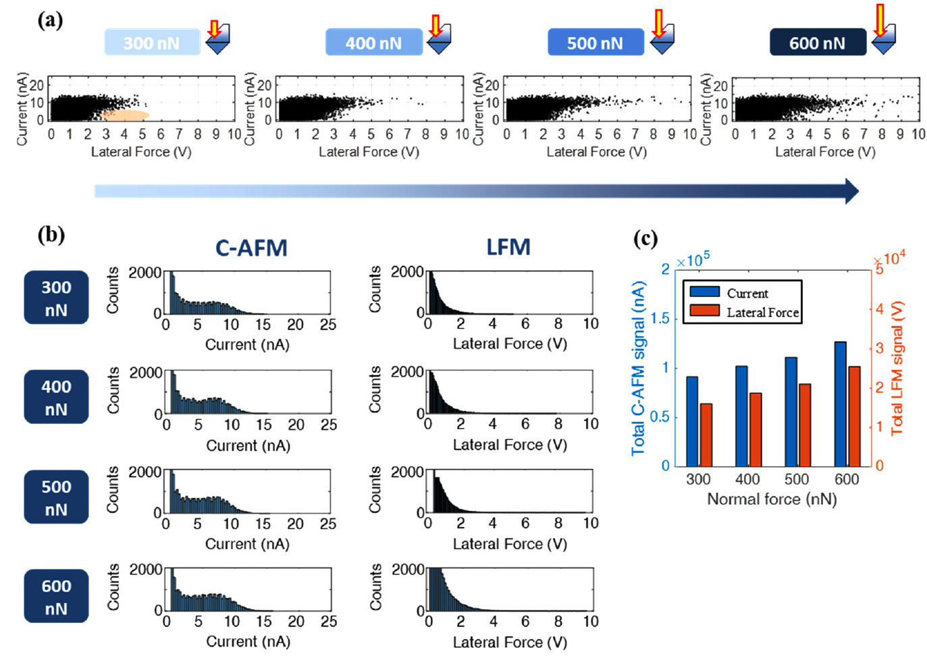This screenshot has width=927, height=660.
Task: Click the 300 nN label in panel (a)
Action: [x=152, y=43]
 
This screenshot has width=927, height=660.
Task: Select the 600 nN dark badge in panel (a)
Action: [x=817, y=43]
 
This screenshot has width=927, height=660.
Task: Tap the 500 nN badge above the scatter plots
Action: [x=595, y=43]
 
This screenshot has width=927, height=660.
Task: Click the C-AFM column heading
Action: [x=251, y=248]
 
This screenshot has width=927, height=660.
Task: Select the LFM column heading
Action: [x=508, y=247]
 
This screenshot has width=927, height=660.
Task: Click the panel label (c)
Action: [x=645, y=238]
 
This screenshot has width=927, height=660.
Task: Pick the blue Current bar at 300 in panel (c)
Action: [x=692, y=421]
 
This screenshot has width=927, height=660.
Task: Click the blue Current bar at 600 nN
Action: [x=840, y=404]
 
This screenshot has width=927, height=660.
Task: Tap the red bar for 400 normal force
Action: [x=755, y=429]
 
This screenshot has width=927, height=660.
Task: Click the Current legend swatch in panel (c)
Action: [x=704, y=292]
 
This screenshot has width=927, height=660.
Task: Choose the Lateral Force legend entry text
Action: [x=762, y=312]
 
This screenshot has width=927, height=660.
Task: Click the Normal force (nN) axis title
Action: [x=771, y=499]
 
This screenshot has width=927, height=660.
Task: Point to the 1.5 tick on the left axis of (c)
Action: [x=660, y=318]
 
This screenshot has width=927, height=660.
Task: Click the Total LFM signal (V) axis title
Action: [x=897, y=368]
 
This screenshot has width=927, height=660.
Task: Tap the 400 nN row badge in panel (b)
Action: [x=56, y=397]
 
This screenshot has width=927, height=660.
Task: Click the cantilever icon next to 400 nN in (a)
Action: [x=439, y=39]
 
